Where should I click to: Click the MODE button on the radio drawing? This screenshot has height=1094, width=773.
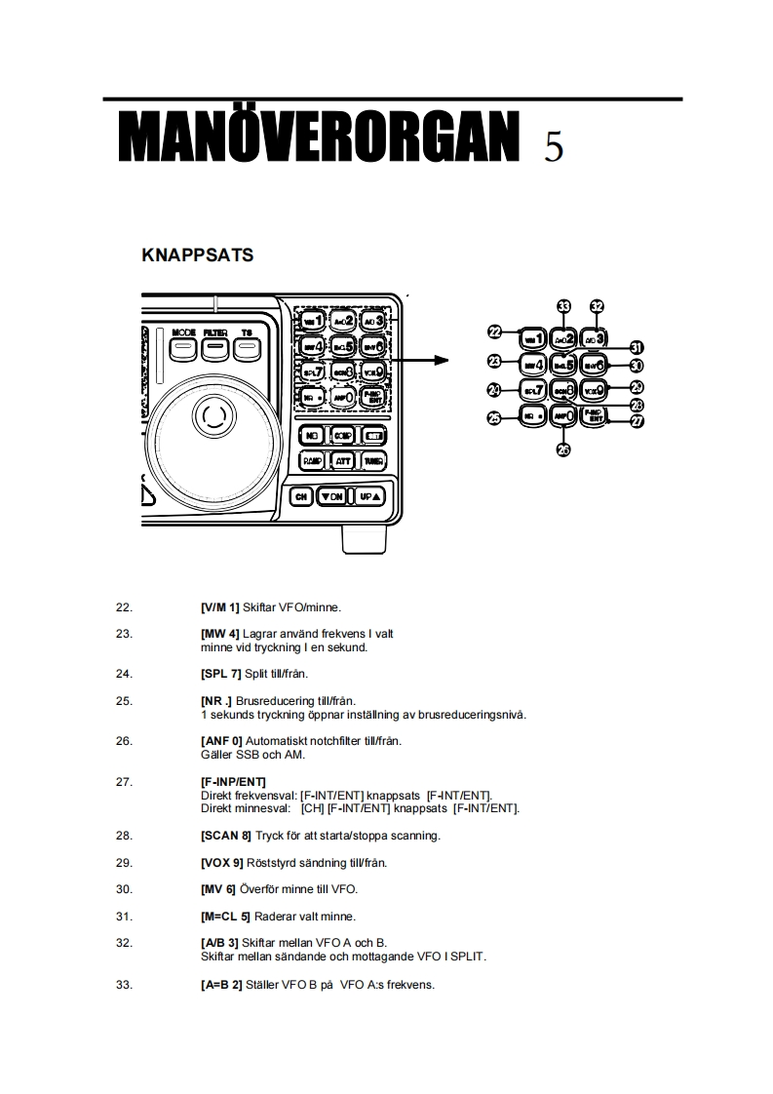coord(184,346)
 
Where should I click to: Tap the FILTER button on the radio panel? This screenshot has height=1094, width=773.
coord(215,346)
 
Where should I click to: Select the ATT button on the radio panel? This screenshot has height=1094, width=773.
coord(343,460)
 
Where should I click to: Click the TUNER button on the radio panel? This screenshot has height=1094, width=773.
coord(373,460)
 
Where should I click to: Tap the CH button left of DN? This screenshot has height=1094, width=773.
coord(302,496)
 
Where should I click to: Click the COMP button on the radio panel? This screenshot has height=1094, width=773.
coord(343,435)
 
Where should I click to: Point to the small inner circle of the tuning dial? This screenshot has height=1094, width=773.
coord(209,415)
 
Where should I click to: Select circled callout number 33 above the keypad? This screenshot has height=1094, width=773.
coord(562,307)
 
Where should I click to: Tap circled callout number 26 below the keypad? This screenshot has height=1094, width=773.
coord(562,449)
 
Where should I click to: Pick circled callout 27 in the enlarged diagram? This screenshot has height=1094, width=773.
coord(638,422)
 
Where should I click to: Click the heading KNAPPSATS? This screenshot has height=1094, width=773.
coord(197,255)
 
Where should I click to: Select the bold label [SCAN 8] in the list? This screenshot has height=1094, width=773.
coord(225,836)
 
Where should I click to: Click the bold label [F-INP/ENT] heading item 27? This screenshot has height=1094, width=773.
coord(233,782)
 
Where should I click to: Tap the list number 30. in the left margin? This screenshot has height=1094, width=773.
coord(124,889)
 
